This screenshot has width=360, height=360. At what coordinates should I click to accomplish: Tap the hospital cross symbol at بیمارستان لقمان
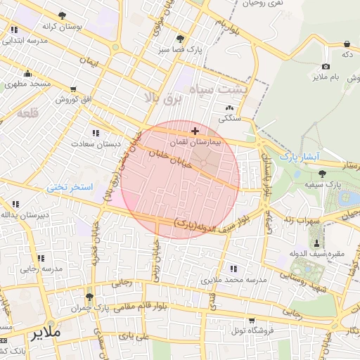(195, 131)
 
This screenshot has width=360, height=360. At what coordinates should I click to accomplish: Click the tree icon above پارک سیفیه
(323, 173)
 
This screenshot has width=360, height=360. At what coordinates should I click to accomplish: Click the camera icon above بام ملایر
(326, 65)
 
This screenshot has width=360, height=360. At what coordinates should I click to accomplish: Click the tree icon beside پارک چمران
(89, 297)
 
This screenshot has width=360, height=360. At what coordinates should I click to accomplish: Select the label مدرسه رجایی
(39, 269)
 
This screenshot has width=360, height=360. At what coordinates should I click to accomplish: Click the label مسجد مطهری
(27, 84)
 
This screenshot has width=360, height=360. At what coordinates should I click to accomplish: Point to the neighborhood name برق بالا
(162, 96)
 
